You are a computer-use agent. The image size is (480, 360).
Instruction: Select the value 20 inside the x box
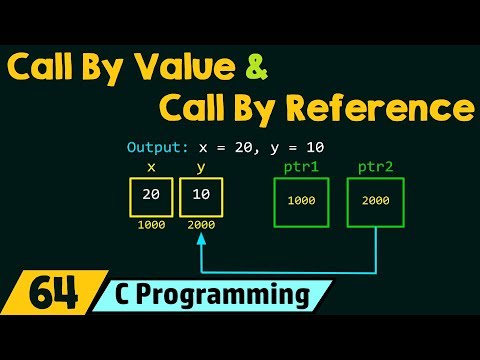click(151, 195)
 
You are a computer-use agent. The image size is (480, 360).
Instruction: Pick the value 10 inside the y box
click(201, 195)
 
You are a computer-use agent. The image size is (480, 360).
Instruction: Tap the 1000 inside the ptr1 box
click(301, 200)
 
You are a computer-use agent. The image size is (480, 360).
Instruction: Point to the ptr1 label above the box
click(301, 167)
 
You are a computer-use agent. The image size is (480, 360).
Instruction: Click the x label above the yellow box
click(151, 167)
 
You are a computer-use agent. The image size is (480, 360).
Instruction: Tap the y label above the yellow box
click(201, 168)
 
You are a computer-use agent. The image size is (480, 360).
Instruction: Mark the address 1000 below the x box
click(151, 226)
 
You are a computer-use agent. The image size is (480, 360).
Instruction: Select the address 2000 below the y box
click(201, 226)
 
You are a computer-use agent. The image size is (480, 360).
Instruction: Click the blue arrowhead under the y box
click(201, 240)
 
